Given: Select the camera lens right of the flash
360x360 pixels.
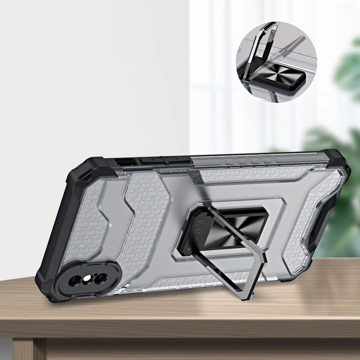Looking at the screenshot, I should coord(100,278).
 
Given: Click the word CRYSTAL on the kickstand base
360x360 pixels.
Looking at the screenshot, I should coord(197,227).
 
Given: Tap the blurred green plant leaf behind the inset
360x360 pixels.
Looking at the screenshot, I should coord(346,72).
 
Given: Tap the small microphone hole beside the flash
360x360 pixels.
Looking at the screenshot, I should coord(93,274).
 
